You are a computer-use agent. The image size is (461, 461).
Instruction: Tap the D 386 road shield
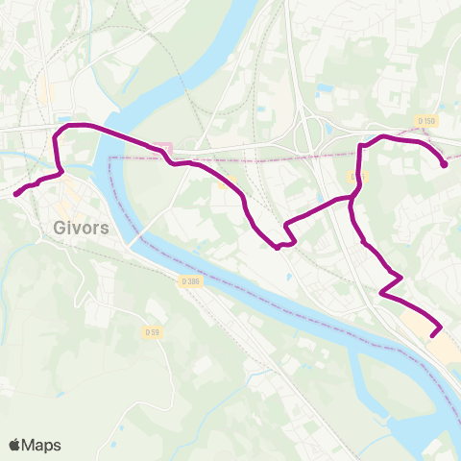point(189,280)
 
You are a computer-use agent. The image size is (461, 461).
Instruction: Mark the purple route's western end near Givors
point(15,194)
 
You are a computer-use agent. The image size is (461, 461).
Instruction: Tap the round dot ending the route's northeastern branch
point(444,164)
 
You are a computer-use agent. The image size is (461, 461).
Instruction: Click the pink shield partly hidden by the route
point(163,147)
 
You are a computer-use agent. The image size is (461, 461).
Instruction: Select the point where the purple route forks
point(352,196)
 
